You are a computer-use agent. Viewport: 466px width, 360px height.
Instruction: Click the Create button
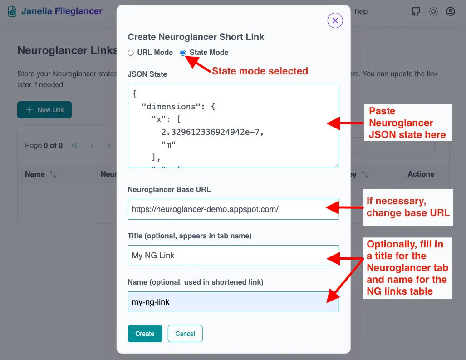[x=145, y=334]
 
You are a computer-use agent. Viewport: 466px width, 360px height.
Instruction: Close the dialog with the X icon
[x=335, y=20]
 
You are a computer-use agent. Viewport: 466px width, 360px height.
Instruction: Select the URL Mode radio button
[x=131, y=53]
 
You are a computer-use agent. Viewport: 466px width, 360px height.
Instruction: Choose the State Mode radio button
[x=183, y=53]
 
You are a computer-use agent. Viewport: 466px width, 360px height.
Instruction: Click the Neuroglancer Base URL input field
[x=233, y=209]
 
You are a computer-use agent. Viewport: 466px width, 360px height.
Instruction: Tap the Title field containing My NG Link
[x=233, y=256]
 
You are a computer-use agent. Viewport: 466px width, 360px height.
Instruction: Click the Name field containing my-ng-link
[x=233, y=302]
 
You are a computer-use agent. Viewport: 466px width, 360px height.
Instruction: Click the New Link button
[x=44, y=110]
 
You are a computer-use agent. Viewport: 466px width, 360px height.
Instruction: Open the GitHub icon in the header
[x=416, y=11]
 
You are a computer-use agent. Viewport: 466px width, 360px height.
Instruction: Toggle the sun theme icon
[x=433, y=11]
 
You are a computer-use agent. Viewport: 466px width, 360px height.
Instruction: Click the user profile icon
[x=451, y=11]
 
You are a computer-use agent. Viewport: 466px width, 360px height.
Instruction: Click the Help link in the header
[x=361, y=11]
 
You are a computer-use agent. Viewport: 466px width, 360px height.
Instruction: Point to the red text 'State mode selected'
[x=260, y=71]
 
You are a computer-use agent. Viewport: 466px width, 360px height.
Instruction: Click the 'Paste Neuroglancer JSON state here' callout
[x=407, y=123]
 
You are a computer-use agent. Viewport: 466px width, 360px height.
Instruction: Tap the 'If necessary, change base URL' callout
[x=408, y=207]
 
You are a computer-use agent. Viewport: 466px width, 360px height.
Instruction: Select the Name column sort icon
[x=53, y=174]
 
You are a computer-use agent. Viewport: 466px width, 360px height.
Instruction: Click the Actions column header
[x=421, y=174]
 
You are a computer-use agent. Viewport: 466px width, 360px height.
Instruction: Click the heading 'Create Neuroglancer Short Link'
[x=196, y=37]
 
